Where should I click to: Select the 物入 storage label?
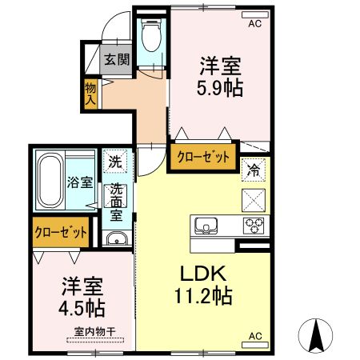pyautogui.click(x=90, y=93)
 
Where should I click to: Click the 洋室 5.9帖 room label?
pyautogui.click(x=219, y=75)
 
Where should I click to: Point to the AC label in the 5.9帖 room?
pyautogui.click(x=254, y=25)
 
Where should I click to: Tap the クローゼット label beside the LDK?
pyautogui.click(x=203, y=158)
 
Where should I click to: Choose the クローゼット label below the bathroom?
pyautogui.click(x=60, y=233)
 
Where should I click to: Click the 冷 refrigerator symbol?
pyautogui.click(x=253, y=170)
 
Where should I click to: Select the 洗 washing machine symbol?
pyautogui.click(x=116, y=161)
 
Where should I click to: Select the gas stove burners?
pyautogui.click(x=254, y=226)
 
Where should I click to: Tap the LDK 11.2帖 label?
pyautogui.click(x=205, y=284)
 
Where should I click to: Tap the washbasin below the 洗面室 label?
pyautogui.click(x=117, y=238)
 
